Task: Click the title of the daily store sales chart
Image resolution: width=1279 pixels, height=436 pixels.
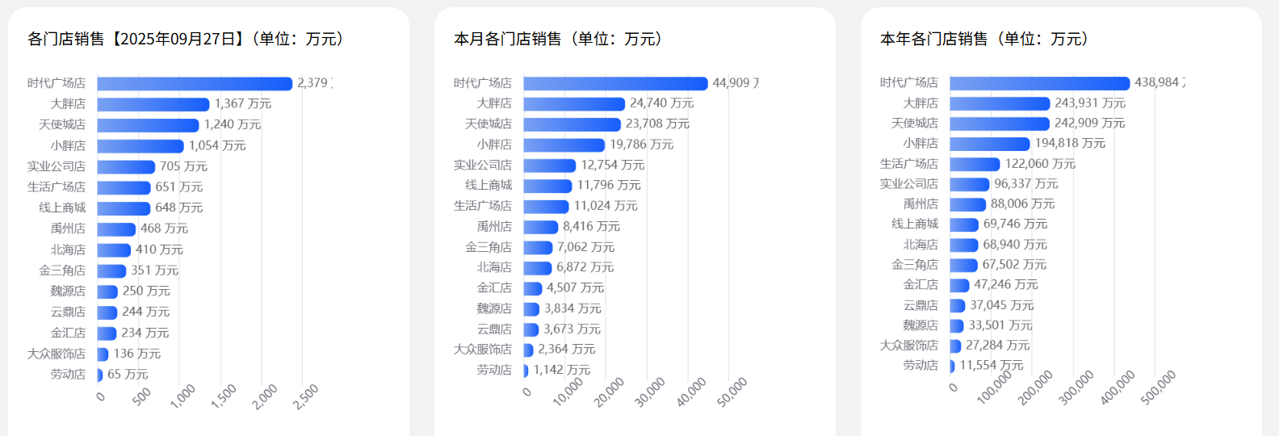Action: click(185, 39)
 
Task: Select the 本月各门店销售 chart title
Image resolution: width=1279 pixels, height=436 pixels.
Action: click(557, 39)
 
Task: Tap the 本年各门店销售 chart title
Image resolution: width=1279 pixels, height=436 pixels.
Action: click(983, 39)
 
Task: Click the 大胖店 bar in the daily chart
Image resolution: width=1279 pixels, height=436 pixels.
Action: click(153, 104)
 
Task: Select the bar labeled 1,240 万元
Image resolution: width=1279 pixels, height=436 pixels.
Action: click(148, 125)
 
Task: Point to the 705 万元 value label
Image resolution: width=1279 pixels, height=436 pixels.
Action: click(183, 166)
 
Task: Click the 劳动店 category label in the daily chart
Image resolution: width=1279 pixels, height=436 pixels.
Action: click(68, 375)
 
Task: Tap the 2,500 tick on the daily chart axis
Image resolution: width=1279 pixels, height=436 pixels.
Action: click(307, 396)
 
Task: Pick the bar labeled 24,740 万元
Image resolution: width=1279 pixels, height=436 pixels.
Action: click(574, 103)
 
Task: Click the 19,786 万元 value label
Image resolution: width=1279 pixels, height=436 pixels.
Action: click(641, 145)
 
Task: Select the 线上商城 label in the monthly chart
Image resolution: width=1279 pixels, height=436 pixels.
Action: click(489, 185)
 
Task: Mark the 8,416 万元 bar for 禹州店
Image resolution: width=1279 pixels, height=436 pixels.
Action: click(541, 227)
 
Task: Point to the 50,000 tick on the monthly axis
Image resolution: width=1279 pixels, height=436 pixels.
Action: click(732, 392)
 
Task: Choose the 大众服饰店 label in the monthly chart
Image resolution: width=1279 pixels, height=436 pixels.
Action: click(483, 350)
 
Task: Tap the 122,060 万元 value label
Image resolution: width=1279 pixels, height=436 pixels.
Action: click(1040, 164)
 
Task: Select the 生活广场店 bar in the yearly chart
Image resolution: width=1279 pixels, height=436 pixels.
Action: click(975, 164)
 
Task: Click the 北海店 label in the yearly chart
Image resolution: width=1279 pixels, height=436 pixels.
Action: click(920, 245)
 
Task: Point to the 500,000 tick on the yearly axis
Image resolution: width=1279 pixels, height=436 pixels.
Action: click(1159, 388)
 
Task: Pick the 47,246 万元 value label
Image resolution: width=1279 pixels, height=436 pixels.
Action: click(1006, 285)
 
